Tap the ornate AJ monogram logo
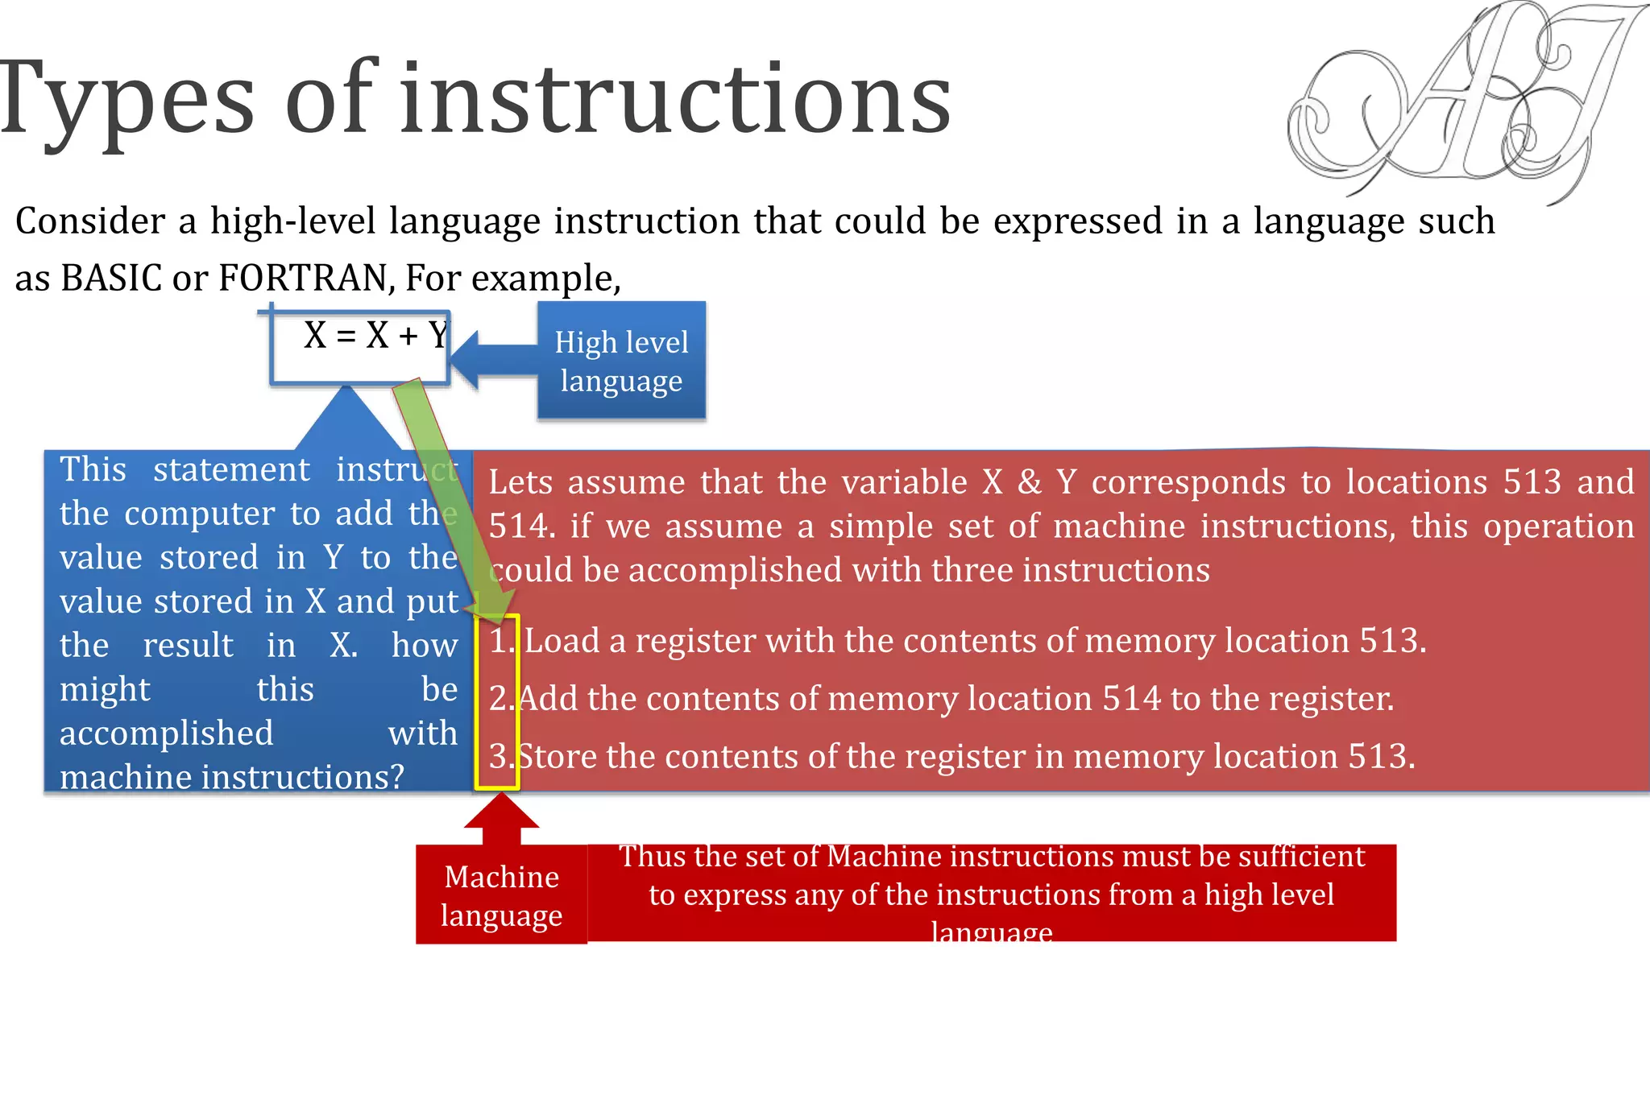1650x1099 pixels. click(1458, 101)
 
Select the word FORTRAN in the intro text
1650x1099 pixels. click(305, 279)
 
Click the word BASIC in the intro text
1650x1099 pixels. click(112, 279)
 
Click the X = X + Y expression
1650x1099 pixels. click(375, 336)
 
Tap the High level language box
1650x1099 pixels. click(621, 361)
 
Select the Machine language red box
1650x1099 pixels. click(501, 895)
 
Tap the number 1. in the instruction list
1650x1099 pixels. click(501, 642)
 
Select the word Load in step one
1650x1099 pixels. click(562, 642)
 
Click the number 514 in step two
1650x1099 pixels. click(1132, 699)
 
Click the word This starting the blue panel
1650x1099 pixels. click(93, 469)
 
